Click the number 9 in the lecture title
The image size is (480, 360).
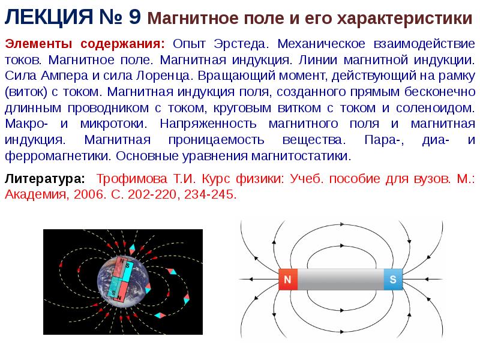pos(134,17)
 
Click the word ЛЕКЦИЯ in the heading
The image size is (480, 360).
pos(49,17)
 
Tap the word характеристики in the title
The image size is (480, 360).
pos(404,19)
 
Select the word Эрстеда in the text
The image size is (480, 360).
pos(241,44)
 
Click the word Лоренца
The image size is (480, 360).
pos(164,76)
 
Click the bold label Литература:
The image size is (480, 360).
pos(44,178)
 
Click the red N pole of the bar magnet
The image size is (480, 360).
pos(288,279)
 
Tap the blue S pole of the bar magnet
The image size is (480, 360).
pos(393,279)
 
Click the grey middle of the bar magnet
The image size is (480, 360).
pos(340,279)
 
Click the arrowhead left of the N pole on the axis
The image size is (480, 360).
pos(251,279)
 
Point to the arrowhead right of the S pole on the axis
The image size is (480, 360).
pos(428,279)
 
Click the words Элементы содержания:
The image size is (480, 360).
pos(85,44)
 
